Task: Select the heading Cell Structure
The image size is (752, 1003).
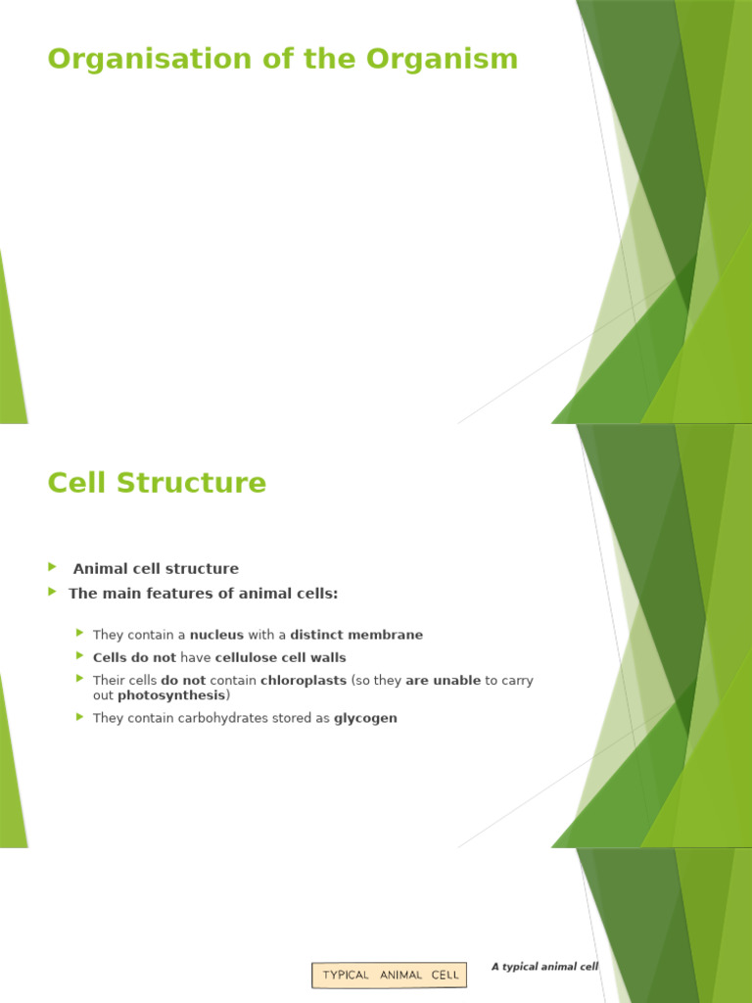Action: click(157, 483)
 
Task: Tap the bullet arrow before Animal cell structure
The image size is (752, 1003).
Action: click(53, 567)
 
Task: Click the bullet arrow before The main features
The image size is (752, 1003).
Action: click(53, 592)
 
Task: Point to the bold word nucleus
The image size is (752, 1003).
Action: click(216, 635)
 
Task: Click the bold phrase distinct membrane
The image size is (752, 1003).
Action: click(356, 635)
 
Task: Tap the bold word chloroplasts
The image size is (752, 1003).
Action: click(304, 680)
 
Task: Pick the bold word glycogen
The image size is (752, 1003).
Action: click(365, 718)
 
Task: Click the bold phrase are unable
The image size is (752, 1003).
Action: click(443, 680)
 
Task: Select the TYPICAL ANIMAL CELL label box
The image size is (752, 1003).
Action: click(389, 975)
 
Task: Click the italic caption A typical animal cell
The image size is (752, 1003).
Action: click(544, 966)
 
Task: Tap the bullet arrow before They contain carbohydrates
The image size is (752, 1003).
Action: click(80, 717)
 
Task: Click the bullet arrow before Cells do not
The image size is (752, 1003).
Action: click(80, 656)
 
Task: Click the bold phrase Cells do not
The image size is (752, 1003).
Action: click(134, 657)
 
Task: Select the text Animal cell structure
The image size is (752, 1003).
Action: click(156, 568)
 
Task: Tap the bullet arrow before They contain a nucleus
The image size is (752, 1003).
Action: click(80, 634)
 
